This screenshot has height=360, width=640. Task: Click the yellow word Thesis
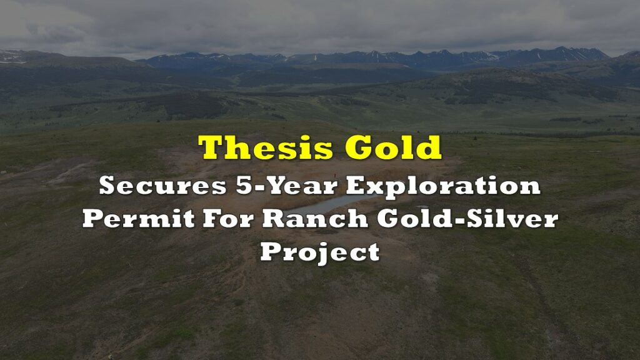[x=266, y=147]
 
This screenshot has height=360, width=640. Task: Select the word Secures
[x=162, y=186]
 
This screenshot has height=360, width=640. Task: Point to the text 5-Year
[x=286, y=186]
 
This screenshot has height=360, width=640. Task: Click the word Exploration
[x=443, y=187]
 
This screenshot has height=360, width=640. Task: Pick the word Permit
[x=139, y=218]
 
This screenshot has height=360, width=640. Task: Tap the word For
[x=228, y=218]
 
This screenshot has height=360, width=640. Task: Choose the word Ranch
[x=315, y=218]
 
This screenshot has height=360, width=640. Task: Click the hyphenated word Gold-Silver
[x=467, y=218]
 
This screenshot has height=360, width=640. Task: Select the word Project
[x=321, y=253]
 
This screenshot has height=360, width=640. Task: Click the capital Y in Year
[x=270, y=186]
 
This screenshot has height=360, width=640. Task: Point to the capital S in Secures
[x=107, y=186]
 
